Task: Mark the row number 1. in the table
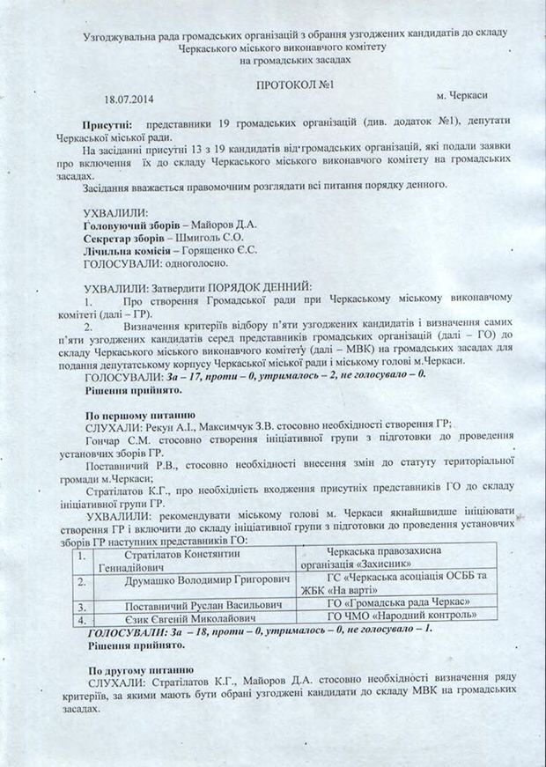(x=81, y=556)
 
